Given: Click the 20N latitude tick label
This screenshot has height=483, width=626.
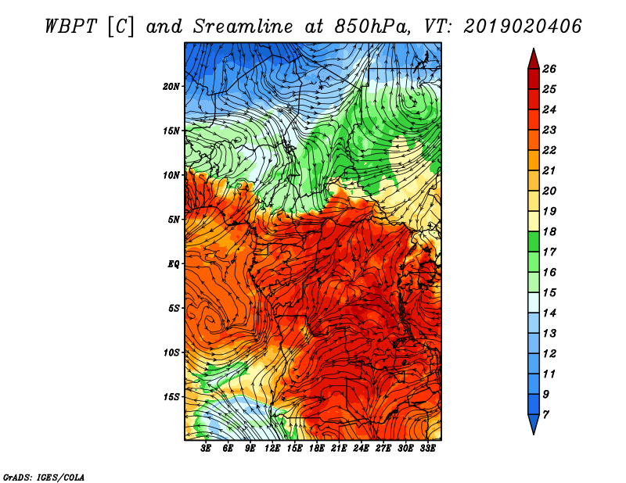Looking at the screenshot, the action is tap(171, 87).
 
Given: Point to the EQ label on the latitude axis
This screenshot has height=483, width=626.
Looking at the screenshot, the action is tap(173, 264).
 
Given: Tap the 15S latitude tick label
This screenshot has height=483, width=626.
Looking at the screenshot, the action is tap(171, 397).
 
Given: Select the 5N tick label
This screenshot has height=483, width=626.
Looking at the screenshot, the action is tap(173, 220).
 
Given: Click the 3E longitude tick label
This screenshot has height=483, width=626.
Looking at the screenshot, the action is tap(206, 449).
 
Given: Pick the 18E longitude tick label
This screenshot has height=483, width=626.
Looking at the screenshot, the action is tap(317, 449).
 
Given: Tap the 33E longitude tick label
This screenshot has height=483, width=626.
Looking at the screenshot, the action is tap(427, 449).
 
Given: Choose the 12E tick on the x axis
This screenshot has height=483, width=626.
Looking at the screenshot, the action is tap(272, 449).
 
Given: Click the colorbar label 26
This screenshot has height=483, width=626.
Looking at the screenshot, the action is tap(549, 69).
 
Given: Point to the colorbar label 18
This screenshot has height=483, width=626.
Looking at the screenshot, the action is tap(549, 231).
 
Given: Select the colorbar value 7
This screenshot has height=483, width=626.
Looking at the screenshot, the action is tap(545, 415).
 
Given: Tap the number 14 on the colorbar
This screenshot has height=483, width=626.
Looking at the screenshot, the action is tap(549, 313).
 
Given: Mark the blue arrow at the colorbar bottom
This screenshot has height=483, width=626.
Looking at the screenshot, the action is tap(534, 423).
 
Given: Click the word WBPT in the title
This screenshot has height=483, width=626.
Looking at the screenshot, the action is tap(70, 27).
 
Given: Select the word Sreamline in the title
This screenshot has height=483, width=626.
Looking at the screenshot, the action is tap(243, 27).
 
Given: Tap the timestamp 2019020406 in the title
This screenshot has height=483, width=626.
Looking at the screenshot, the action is tap(522, 27).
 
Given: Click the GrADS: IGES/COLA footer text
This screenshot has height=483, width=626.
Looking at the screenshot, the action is tap(44, 478).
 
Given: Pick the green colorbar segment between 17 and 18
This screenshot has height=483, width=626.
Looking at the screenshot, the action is tap(534, 241).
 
